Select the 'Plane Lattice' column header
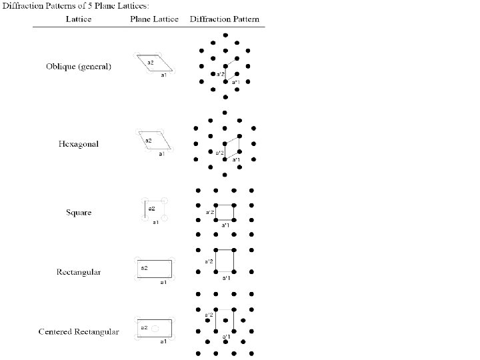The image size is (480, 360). click(154, 20)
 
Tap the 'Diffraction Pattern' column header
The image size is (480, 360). click(226, 20)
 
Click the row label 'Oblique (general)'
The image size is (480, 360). click(79, 67)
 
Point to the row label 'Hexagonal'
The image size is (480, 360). click(78, 143)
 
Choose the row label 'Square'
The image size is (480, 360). click(79, 213)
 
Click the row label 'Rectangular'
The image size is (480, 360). click(79, 272)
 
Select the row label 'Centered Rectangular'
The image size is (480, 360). click(79, 331)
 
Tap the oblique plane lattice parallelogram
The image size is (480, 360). click(155, 63)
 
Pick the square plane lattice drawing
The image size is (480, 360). click(154, 209)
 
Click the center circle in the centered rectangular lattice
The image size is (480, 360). click(155, 329)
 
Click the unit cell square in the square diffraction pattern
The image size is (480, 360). click(225, 212)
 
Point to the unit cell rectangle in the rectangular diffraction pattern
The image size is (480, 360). click(225, 261)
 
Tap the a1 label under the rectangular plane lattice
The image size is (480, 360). click(162, 282)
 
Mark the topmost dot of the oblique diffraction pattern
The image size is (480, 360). click(225, 35)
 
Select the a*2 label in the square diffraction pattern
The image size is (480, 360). click(209, 212)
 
